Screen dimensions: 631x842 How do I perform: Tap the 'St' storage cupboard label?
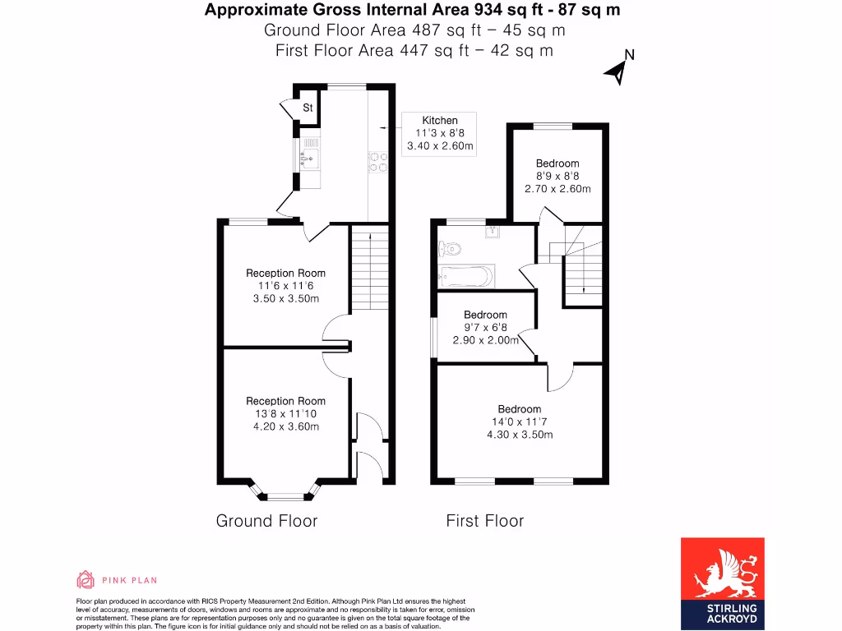tap(308, 108)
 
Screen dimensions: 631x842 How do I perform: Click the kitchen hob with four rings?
tap(378, 162)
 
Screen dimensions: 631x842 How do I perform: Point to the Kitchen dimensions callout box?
tap(440, 134)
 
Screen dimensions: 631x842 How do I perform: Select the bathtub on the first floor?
tap(466, 276)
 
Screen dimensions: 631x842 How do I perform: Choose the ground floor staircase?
tap(370, 267)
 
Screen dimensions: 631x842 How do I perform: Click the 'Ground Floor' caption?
tap(266, 521)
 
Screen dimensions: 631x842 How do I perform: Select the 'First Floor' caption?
tap(484, 521)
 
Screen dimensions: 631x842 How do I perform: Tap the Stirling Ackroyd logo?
tap(722, 583)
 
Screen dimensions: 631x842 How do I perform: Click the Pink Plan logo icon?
tap(86, 580)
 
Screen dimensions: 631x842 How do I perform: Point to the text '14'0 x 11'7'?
tap(520, 421)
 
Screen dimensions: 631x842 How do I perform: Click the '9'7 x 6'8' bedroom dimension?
tap(485, 327)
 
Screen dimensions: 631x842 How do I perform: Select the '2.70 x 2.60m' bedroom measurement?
tap(557, 188)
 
